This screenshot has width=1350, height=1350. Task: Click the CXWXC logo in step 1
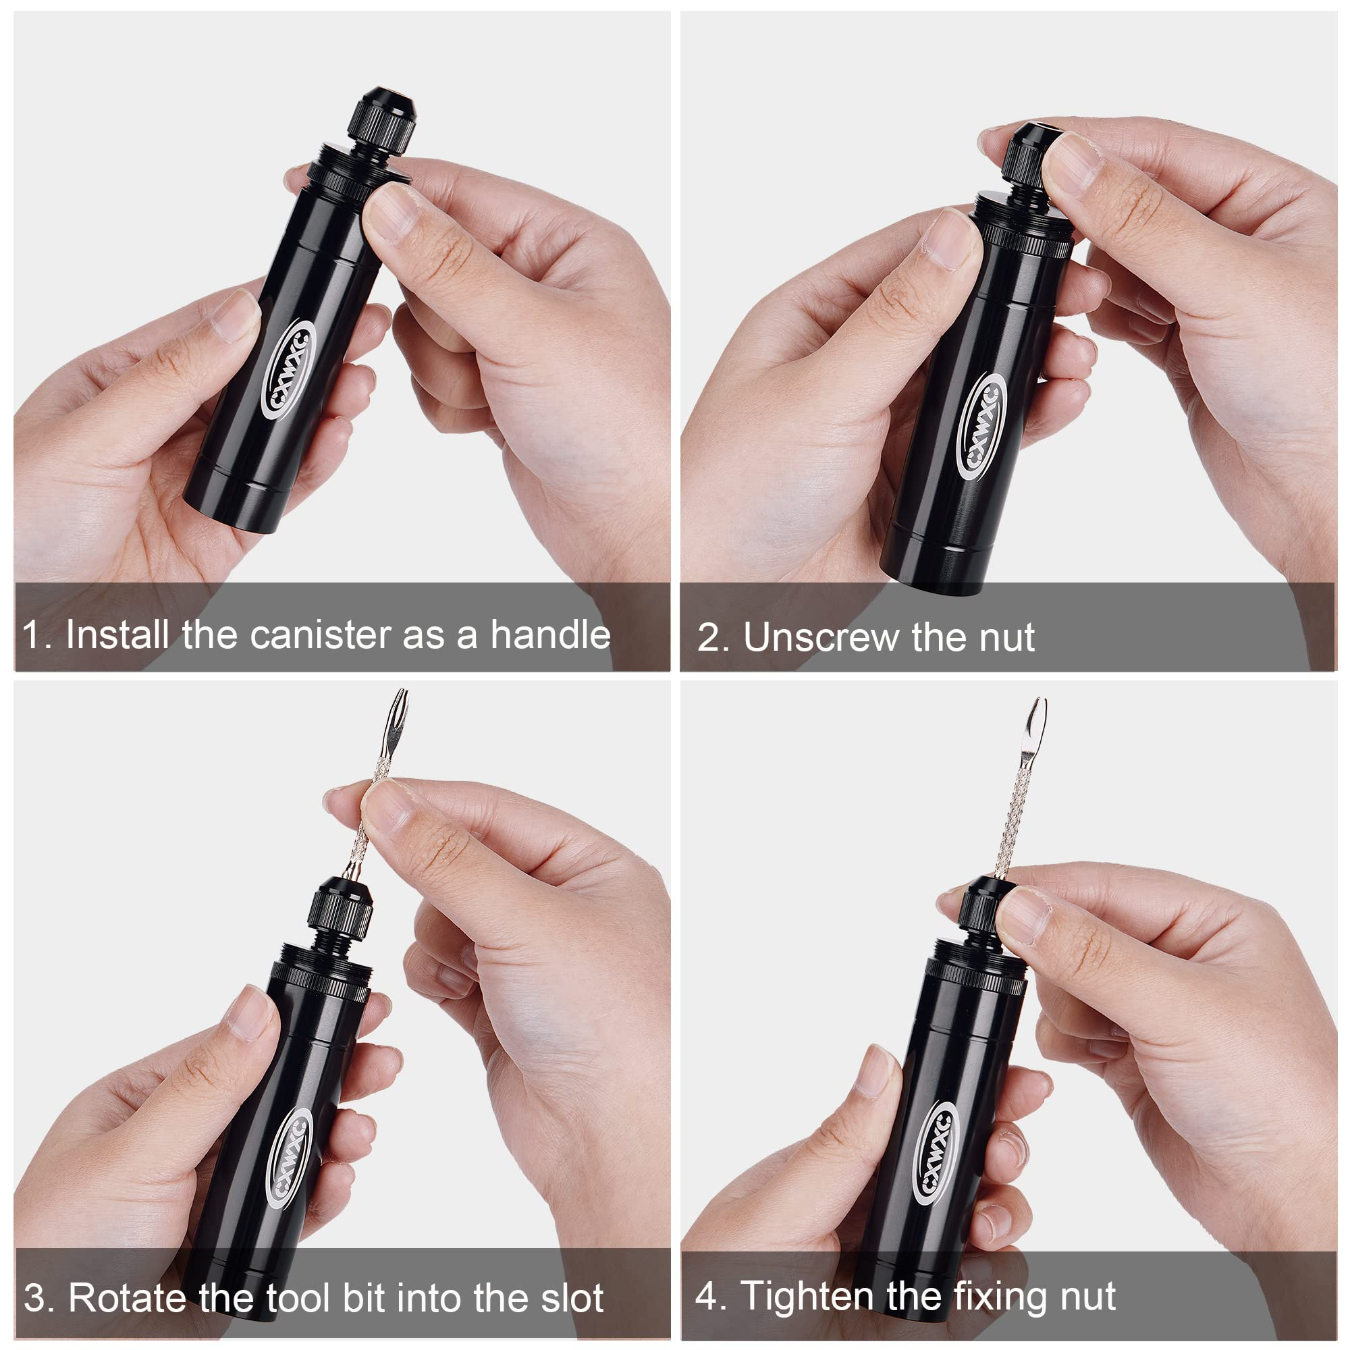click(x=289, y=371)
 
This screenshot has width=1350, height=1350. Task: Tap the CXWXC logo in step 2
click(x=981, y=425)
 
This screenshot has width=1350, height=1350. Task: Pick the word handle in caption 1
click(x=550, y=634)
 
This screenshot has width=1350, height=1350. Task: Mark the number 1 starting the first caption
click(x=31, y=635)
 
